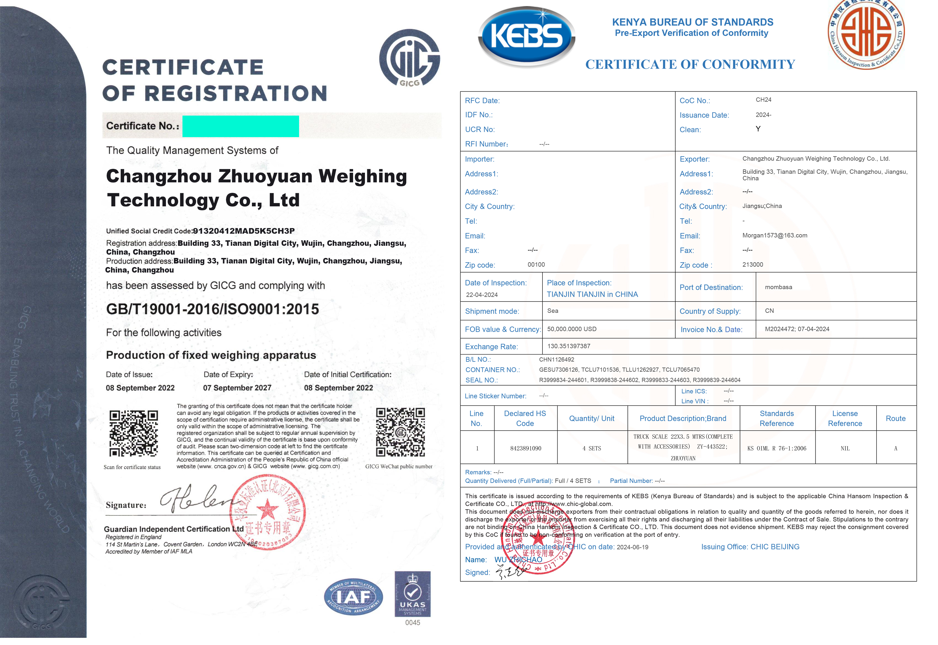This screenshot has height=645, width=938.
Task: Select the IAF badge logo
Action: [353, 597]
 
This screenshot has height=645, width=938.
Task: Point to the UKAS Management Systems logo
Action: [413, 594]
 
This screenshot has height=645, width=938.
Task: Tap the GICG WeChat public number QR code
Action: [400, 432]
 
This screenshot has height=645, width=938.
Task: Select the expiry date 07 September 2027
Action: [237, 388]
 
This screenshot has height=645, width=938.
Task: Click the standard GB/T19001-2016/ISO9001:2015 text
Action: [213, 310]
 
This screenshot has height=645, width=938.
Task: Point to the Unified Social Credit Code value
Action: [243, 231]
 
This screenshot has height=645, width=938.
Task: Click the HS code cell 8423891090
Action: [525, 449]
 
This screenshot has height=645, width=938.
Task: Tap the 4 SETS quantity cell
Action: [592, 449]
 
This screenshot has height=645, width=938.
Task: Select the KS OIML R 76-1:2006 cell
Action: [776, 449]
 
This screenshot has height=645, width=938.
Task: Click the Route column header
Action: [895, 419]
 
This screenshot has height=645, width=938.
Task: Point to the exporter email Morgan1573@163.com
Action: [775, 236]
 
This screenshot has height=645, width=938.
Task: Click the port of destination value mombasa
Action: [778, 287]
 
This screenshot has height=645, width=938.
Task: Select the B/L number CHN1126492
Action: [557, 360]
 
